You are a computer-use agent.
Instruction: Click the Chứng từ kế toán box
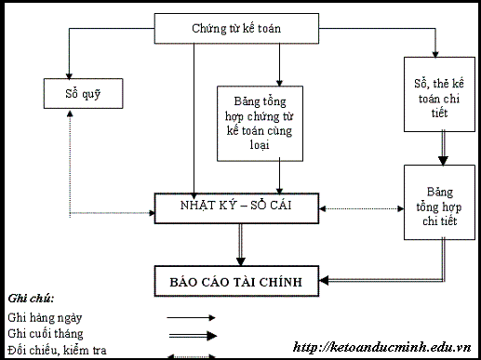[236, 29]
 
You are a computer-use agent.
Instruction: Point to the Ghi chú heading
[31, 299]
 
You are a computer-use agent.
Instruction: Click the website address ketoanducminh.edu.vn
[381, 347]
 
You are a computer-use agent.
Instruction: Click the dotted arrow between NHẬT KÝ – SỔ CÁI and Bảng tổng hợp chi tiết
[362, 207]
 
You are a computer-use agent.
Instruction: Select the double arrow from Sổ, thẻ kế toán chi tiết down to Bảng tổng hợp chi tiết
[438, 147]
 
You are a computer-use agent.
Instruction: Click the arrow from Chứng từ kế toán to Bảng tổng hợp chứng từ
[279, 63]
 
